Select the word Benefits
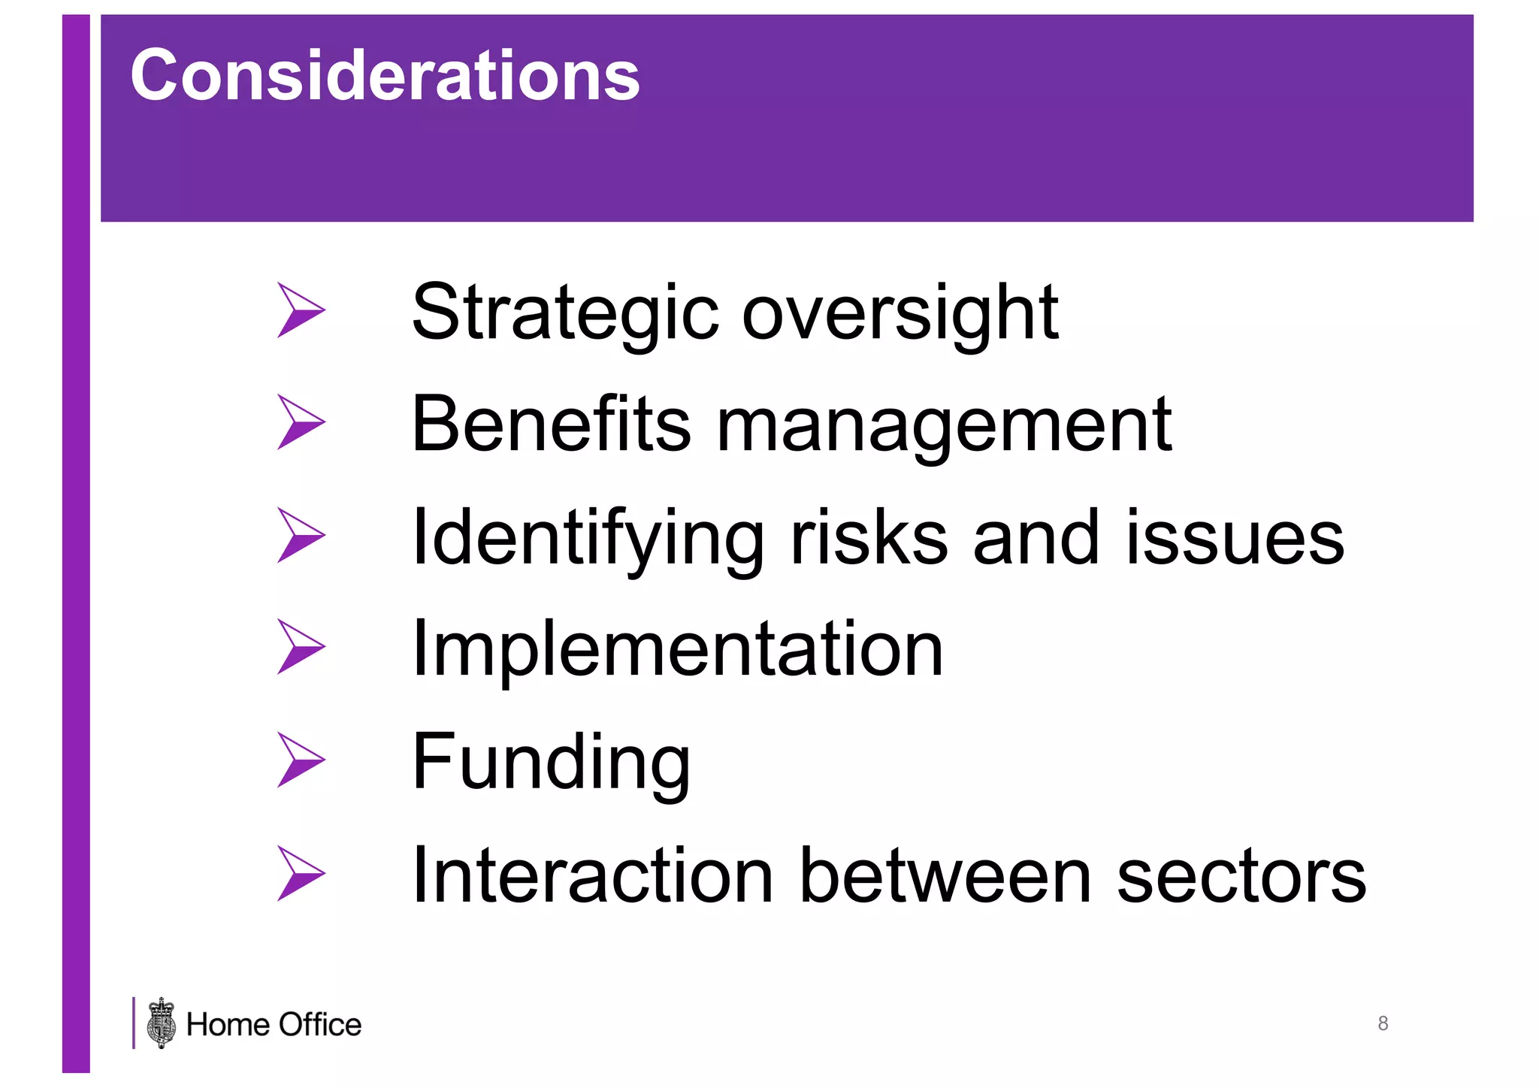pyautogui.click(x=551, y=425)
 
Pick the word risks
pyautogui.click(x=869, y=537)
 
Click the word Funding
pyautogui.click(x=551, y=763)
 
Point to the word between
pyautogui.click(x=945, y=875)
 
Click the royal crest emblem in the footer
pyautogui.click(x=162, y=1023)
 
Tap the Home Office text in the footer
pyautogui.click(x=274, y=1025)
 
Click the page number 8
pyautogui.click(x=1383, y=1023)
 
